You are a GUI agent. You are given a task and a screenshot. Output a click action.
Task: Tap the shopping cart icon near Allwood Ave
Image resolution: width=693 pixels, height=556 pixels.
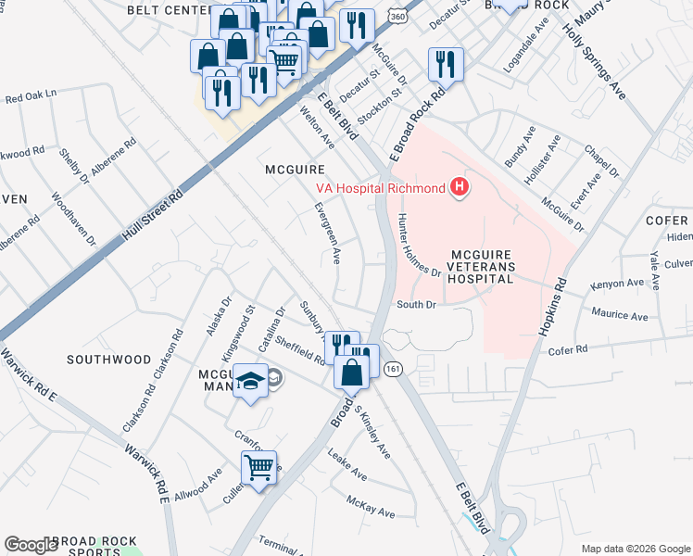(258, 466)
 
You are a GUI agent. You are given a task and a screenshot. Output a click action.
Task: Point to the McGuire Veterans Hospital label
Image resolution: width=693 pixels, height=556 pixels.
(482, 266)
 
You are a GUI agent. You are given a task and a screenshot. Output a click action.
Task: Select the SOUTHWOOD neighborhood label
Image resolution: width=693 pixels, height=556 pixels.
(109, 359)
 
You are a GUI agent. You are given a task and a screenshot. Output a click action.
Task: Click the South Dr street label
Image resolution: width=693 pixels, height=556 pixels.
(415, 304)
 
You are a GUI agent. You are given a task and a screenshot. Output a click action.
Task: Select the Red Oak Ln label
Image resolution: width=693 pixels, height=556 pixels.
(31, 95)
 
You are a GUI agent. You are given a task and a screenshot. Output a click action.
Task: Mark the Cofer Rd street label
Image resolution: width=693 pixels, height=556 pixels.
(568, 350)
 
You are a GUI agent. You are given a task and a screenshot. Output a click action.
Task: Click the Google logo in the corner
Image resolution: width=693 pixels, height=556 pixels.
(31, 544)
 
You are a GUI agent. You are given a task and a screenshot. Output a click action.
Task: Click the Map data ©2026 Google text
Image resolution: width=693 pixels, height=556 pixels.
(635, 549)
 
